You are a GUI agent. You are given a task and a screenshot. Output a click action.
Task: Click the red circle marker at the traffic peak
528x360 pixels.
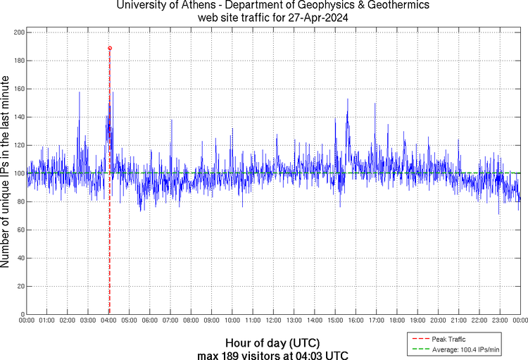[x=110, y=48]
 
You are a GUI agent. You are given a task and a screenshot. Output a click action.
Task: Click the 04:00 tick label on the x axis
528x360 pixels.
[x=109, y=321]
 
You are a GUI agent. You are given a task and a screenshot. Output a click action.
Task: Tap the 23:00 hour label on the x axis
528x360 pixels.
[x=500, y=321]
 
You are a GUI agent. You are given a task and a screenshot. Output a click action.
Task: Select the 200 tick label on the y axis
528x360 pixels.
[x=19, y=32]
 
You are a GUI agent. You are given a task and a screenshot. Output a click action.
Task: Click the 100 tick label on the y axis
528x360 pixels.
[x=19, y=173]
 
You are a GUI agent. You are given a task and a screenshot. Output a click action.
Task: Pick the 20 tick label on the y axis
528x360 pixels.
[x=20, y=286]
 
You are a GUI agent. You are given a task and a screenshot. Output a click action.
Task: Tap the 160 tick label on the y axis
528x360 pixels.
[x=19, y=89]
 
